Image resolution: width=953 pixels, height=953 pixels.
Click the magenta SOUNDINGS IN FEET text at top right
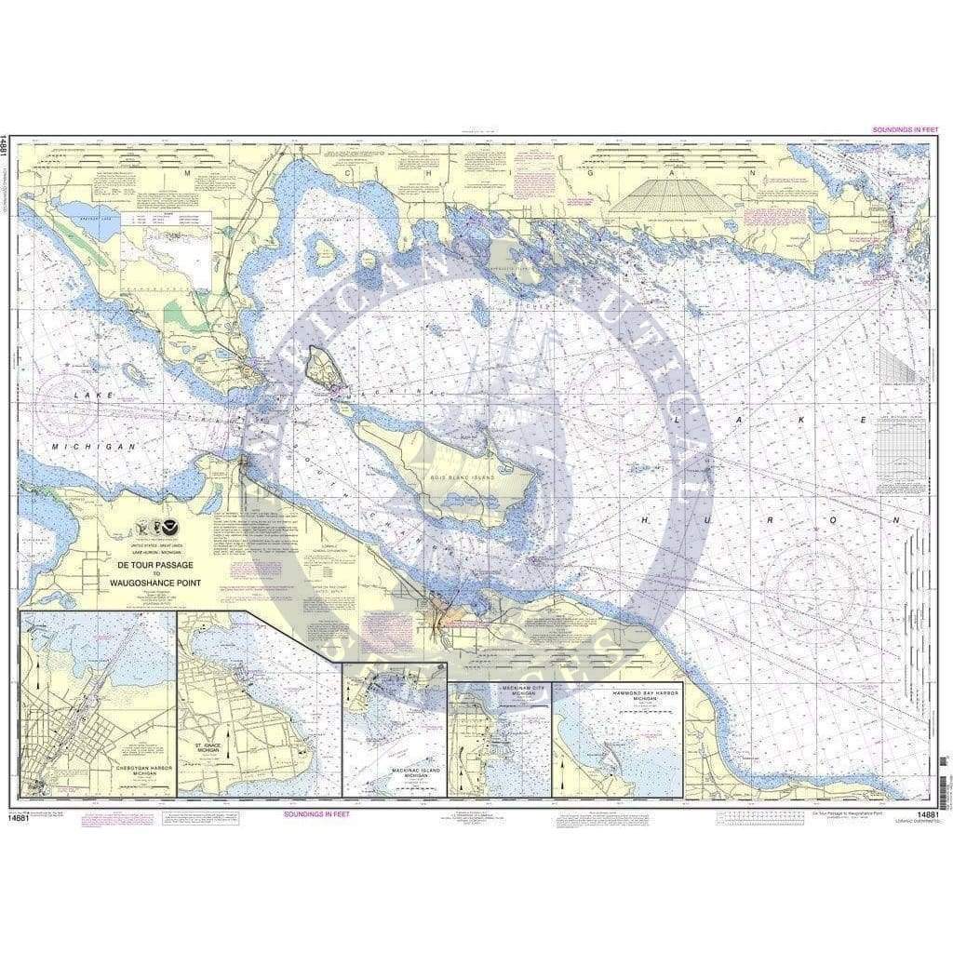pos(898,129)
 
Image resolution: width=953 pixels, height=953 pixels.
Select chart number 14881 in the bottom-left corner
pos(15,816)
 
